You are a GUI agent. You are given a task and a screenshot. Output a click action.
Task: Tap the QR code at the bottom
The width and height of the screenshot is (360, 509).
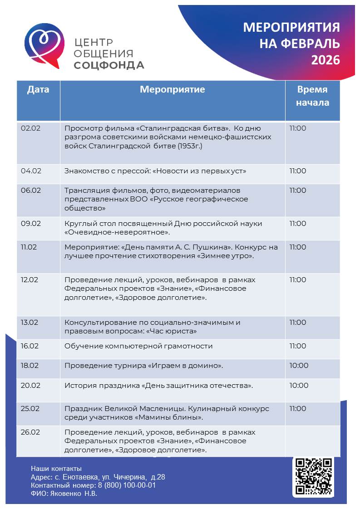click(x=314, y=476)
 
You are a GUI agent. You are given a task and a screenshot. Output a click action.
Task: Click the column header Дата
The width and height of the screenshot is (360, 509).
click(x=38, y=89)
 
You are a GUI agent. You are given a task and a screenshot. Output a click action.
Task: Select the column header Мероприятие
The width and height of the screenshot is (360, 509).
click(x=172, y=89)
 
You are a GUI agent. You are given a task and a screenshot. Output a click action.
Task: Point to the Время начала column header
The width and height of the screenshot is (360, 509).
click(x=312, y=96)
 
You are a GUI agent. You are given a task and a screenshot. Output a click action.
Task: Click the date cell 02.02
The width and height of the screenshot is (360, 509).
click(x=31, y=128)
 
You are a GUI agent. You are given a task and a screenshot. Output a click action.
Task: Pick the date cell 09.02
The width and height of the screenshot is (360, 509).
click(x=31, y=224)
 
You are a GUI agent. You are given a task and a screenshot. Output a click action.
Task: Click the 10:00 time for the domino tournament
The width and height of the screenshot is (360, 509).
click(x=299, y=366)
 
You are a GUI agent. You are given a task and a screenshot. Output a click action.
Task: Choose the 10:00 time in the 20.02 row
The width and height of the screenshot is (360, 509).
click(x=299, y=386)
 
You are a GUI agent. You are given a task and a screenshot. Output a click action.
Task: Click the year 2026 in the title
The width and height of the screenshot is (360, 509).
click(x=325, y=60)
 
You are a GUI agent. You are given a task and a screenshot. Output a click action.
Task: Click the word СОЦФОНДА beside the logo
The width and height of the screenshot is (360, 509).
click(x=109, y=65)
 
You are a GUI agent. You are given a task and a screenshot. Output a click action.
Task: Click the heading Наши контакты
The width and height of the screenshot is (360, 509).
click(x=56, y=468)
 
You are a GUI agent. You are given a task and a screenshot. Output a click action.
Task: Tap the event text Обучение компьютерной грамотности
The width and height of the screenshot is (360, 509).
click(x=138, y=346)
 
